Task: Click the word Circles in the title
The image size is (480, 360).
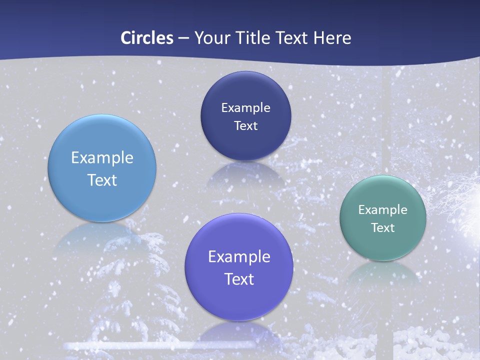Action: [x=147, y=37]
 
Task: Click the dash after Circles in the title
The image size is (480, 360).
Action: [x=183, y=38]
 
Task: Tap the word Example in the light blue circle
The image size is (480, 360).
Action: [x=102, y=158]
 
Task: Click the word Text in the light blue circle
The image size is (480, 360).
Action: [x=102, y=180]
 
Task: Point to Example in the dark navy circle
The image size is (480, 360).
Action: [x=245, y=107]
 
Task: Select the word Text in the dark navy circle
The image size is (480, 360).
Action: [x=245, y=125]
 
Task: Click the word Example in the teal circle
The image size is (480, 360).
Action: [x=383, y=209]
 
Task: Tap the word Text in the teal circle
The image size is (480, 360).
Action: [x=383, y=227]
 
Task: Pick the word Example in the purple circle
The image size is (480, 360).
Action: [x=239, y=257]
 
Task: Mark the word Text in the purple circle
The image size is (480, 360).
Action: [x=239, y=279]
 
